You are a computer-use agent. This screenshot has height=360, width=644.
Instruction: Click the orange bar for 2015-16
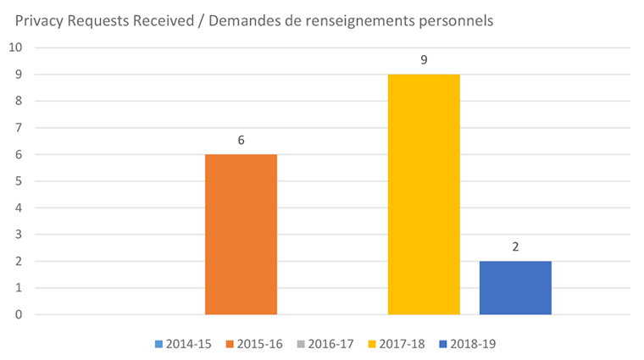click(x=241, y=235)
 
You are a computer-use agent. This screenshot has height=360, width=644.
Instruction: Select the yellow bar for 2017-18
click(x=424, y=195)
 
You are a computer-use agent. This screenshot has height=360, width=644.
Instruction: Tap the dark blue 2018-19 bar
click(x=515, y=288)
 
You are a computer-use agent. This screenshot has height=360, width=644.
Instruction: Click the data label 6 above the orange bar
click(x=241, y=140)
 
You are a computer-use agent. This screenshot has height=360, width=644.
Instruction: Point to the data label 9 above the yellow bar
click(x=424, y=60)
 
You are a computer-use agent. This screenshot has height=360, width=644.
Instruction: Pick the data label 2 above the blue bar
click(x=515, y=247)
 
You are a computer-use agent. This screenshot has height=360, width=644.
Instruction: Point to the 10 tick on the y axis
click(x=14, y=47)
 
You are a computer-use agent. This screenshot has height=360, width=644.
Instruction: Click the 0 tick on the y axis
click(x=18, y=315)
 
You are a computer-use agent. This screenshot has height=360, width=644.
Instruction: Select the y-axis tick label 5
click(x=18, y=181)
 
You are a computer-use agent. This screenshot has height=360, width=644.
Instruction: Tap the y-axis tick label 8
click(x=18, y=101)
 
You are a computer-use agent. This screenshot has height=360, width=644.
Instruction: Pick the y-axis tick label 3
click(x=18, y=235)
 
